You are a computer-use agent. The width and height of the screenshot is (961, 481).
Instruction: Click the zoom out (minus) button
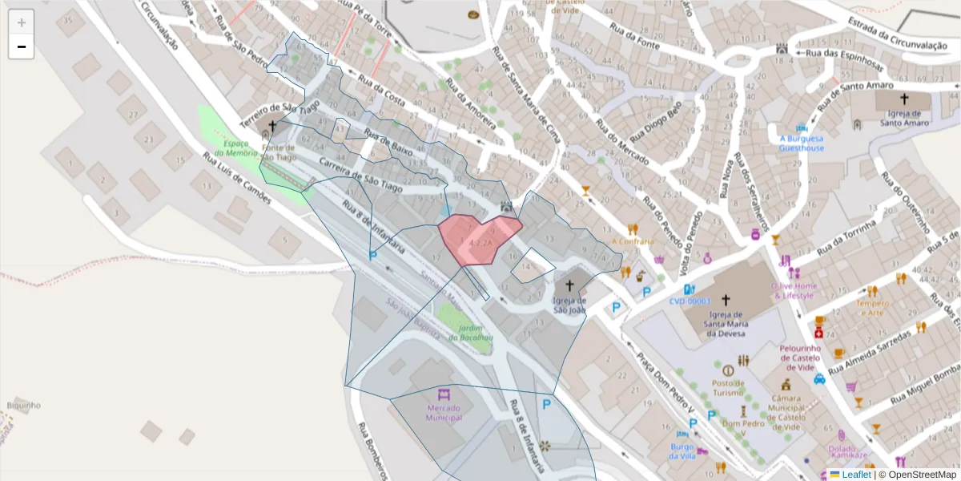(x=22, y=47)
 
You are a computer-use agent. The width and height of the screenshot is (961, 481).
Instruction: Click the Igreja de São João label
(x=569, y=305)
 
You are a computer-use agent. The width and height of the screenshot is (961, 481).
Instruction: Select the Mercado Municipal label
(x=444, y=413)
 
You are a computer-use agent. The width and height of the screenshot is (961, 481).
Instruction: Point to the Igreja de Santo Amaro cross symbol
(x=904, y=99)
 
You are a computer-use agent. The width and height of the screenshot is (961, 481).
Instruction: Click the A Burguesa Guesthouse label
(x=802, y=143)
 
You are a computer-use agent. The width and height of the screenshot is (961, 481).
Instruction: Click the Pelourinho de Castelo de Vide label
(x=802, y=358)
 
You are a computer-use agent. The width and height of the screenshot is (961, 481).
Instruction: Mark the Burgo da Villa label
(x=682, y=451)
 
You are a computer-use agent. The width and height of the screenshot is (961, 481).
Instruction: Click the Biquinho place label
(x=24, y=405)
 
